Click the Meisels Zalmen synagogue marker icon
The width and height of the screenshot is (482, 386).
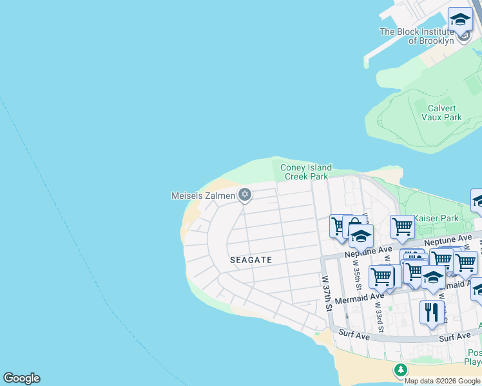tap(244, 194)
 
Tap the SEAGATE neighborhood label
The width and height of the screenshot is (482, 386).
tap(251, 260)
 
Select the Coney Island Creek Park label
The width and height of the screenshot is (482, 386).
tap(305, 172)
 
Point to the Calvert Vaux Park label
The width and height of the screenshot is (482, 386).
tap(441, 113)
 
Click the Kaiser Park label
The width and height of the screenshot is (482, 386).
tap(436, 218)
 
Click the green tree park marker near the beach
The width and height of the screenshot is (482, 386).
tap(401, 370)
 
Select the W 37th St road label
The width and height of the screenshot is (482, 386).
tap(328, 294)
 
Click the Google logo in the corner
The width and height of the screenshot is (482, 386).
tap(21, 378)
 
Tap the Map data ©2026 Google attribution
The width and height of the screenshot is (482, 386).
tap(442, 381)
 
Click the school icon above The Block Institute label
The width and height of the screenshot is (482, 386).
tap(460, 19)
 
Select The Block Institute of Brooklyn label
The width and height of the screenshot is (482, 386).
tap(417, 36)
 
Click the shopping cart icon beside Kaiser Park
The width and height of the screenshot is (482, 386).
tap(401, 227)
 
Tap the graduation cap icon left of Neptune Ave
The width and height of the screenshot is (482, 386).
tap(361, 237)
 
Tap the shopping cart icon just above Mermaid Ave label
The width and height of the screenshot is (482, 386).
tap(381, 277)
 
